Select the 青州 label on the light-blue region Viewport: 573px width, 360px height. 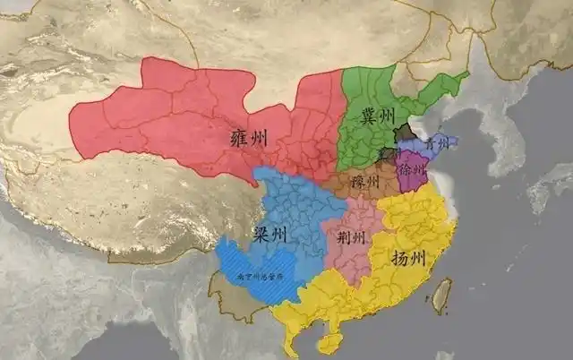click(x=437, y=142)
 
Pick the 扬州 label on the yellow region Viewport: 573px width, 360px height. click(x=409, y=258)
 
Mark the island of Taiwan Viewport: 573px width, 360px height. click(x=442, y=296)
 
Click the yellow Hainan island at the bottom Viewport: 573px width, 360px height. click(x=329, y=344)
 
